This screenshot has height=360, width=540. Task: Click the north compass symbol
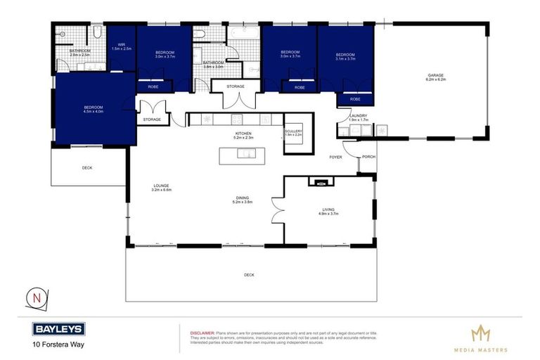pyautogui.click(x=36, y=298)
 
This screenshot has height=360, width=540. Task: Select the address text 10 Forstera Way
pyautogui.click(x=55, y=345)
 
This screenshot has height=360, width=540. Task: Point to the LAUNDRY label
pyautogui.click(x=359, y=116)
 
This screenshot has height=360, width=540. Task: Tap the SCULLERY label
pyautogui.click(x=293, y=131)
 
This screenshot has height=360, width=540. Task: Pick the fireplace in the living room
pyautogui.click(x=321, y=183)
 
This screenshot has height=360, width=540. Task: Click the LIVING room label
pyautogui.click(x=328, y=210)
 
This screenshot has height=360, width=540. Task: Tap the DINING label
pyautogui.click(x=242, y=199)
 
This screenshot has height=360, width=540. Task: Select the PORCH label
pyautogui.click(x=367, y=157)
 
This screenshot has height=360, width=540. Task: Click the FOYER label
pyautogui.click(x=335, y=157)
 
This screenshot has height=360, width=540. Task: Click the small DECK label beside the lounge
pyautogui.click(x=87, y=168)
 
